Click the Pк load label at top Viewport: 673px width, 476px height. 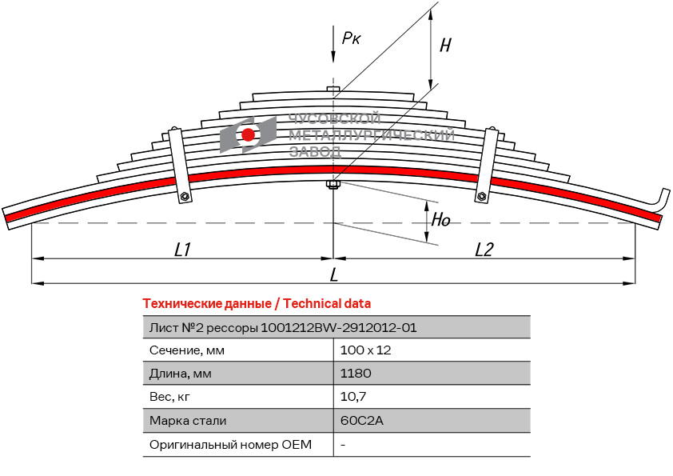[x=351, y=38]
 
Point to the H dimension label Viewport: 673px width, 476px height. [x=445, y=46]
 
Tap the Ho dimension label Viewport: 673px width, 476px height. [x=441, y=219]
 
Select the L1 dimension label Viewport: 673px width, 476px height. [x=182, y=250]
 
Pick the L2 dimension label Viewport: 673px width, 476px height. [x=484, y=250]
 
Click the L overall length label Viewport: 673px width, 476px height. [x=333, y=275]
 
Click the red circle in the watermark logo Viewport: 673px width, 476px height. [x=249, y=134]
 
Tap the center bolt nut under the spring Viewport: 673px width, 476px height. [x=333, y=186]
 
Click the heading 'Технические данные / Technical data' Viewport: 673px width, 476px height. [x=257, y=303]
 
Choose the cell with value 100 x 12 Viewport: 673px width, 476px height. [x=365, y=350]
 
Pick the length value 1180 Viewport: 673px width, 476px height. [x=356, y=374]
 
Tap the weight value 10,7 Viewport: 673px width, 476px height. [x=353, y=397]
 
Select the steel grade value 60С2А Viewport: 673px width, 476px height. [x=357, y=420]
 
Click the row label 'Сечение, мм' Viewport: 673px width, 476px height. [x=186, y=350]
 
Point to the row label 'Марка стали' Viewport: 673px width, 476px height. [x=188, y=420]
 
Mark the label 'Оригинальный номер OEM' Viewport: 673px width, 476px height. [x=231, y=444]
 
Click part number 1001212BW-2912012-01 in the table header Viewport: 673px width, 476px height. [x=339, y=327]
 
